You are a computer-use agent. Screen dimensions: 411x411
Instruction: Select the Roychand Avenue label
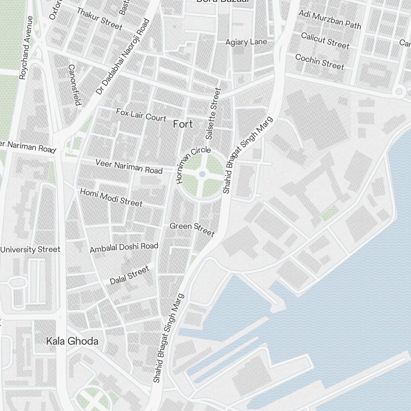click(25, 47)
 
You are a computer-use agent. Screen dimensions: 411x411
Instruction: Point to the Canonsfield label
click(74, 85)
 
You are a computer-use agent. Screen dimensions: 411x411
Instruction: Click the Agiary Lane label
click(246, 42)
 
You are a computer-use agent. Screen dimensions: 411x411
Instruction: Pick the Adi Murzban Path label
click(330, 20)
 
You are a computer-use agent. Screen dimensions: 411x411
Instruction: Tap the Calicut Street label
click(325, 40)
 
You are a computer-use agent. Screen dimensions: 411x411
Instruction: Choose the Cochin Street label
click(319, 62)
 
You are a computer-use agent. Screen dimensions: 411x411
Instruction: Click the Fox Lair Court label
click(141, 115)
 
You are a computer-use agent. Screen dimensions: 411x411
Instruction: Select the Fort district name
click(183, 124)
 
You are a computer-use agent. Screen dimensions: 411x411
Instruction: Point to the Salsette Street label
click(212, 113)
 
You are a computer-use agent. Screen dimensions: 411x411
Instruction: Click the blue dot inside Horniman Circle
click(202, 174)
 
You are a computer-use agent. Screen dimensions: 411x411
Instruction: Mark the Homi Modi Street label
click(111, 198)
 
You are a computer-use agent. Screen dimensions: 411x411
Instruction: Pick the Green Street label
click(192, 229)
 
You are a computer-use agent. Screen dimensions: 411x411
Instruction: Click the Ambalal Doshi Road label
click(124, 247)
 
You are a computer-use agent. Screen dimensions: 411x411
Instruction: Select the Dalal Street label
click(129, 275)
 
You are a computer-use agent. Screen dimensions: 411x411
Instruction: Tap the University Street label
click(30, 249)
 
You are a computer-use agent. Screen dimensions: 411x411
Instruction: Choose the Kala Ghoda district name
click(72, 341)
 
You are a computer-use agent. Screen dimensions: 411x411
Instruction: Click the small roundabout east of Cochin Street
click(398, 91)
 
